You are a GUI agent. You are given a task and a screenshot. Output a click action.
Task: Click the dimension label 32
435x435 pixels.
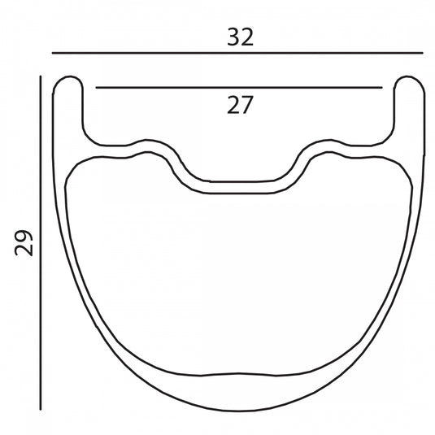tap(240, 37)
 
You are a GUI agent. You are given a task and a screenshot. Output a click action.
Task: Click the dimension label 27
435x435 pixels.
tap(240, 105)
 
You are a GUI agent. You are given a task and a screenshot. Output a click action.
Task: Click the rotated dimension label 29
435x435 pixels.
tap(24, 242)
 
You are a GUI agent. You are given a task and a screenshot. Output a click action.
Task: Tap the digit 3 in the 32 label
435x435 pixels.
tap(233, 37)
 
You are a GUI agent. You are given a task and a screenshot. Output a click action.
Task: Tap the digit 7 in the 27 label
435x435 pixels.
tap(247, 105)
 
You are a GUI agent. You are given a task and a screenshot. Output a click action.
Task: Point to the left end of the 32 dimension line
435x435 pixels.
tap(52, 52)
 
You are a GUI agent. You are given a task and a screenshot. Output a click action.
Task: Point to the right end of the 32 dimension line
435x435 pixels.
tap(423, 52)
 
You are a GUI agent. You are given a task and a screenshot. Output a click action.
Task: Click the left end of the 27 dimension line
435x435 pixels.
tap(96, 87)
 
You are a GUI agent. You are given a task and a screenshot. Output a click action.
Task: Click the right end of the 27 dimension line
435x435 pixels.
tap(382, 87)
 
